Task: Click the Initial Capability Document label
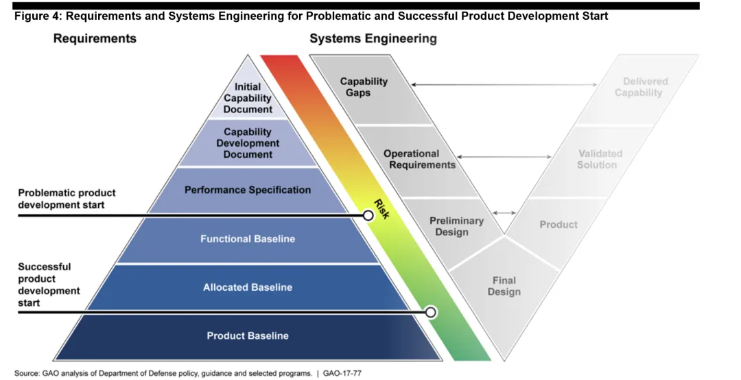click(x=248, y=98)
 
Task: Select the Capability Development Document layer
click(x=248, y=143)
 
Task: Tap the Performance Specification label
click(x=248, y=190)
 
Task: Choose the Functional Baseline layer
click(x=248, y=239)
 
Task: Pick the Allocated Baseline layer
click(x=248, y=287)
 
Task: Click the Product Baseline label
click(x=248, y=336)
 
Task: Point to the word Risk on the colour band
click(x=381, y=208)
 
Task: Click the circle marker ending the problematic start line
click(x=368, y=215)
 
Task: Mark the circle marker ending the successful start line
click(x=431, y=313)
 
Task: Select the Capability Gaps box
click(x=364, y=87)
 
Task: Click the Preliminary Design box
click(x=456, y=226)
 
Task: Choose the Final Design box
click(x=504, y=286)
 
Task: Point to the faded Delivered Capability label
click(x=641, y=87)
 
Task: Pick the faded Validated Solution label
click(x=599, y=159)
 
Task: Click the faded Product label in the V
click(x=558, y=224)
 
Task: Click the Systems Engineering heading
click(x=373, y=38)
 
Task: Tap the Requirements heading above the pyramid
click(x=95, y=38)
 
